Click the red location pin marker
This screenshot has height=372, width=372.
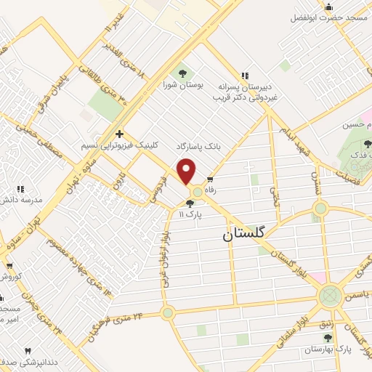point(187,171)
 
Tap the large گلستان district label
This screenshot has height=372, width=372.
point(244,234)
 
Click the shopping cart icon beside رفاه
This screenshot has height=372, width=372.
point(210,180)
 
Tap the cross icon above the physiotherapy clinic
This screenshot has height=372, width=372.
point(119,134)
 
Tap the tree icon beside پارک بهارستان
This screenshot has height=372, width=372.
point(328,337)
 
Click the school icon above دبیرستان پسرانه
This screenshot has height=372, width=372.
point(245,75)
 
